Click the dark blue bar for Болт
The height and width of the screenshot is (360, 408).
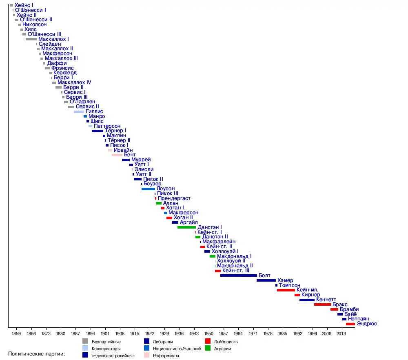(239, 276)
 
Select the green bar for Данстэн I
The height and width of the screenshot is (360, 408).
(186, 227)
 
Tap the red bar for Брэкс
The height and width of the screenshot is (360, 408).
(322, 304)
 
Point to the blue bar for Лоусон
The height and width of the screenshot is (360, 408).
(148, 189)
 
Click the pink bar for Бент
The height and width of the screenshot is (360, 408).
(117, 155)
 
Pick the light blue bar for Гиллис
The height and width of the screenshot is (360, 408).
(79, 111)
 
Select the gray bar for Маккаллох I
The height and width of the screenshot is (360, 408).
(31, 39)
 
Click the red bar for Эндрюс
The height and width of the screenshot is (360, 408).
(350, 324)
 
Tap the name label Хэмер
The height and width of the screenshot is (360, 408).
(285, 280)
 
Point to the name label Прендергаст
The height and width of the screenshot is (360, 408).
(174, 198)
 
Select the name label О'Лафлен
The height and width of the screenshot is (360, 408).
(82, 102)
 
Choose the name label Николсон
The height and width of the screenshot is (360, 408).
(35, 24)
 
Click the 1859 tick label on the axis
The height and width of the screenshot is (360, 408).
(16, 333)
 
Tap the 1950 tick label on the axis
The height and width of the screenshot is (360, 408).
(209, 333)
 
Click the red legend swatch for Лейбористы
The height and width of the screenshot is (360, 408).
(208, 341)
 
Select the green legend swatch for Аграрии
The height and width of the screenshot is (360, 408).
(208, 348)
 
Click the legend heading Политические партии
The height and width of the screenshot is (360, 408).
(37, 353)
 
